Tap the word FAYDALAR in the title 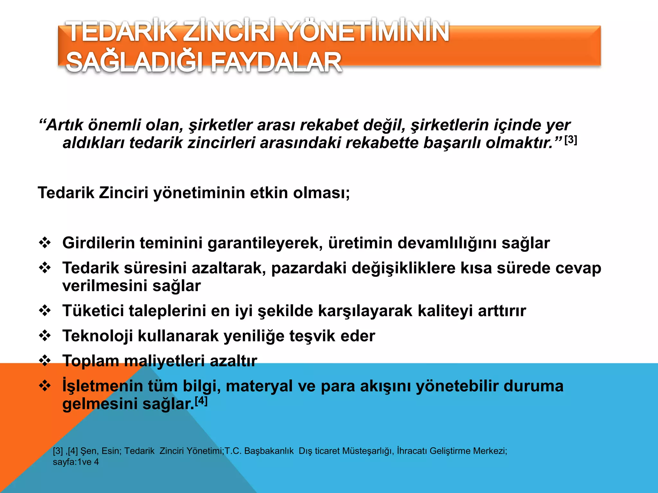tap(276, 62)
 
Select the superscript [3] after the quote tap(571, 140)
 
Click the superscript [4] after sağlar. tap(201, 401)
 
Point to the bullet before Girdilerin tap(45, 243)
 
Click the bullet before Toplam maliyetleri tap(45, 361)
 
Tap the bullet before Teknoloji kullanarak tap(45, 336)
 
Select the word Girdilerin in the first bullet tap(98, 243)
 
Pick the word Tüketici tap(93, 311)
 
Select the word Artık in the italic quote tap(64, 125)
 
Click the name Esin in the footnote tap(110, 451)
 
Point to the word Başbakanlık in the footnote tap(269, 451)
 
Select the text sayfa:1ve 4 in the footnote tap(76, 462)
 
